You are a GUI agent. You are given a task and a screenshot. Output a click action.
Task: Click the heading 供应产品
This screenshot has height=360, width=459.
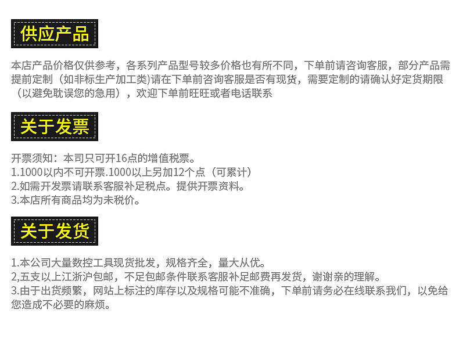(x=55, y=34)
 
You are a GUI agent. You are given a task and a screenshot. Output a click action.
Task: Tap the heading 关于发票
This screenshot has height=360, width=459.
(x=55, y=127)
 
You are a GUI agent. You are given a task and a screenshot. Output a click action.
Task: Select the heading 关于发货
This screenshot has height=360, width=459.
(x=55, y=231)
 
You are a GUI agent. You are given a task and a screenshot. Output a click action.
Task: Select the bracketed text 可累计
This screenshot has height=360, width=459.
(x=232, y=172)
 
